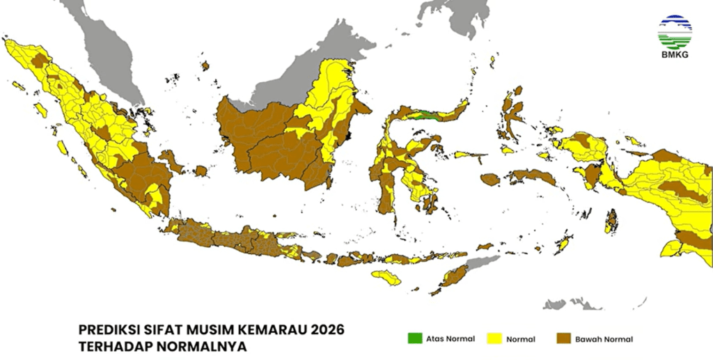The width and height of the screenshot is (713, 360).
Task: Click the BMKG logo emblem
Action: click(675, 31)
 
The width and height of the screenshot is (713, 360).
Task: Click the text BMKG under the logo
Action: click(675, 55)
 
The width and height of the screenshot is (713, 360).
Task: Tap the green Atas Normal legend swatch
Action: click(415, 339)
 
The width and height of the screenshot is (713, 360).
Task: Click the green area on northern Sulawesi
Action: click(425, 116)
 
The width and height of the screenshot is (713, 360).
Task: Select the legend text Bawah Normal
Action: click(604, 339)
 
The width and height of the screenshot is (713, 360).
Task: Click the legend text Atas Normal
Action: click(452, 339)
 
